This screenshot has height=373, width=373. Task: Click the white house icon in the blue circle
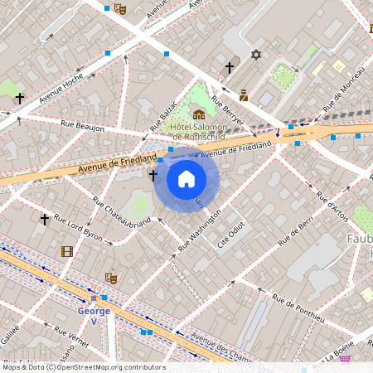(186, 178)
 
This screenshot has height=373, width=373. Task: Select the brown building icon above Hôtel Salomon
(198, 114)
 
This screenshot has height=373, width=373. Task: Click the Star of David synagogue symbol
(255, 55)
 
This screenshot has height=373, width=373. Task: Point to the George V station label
(93, 311)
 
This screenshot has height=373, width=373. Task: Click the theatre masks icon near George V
(110, 278)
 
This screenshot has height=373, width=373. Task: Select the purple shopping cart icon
(344, 359)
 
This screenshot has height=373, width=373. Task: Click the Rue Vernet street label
(71, 340)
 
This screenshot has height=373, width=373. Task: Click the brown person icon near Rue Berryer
(244, 94)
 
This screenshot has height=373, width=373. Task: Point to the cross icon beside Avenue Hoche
(18, 98)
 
